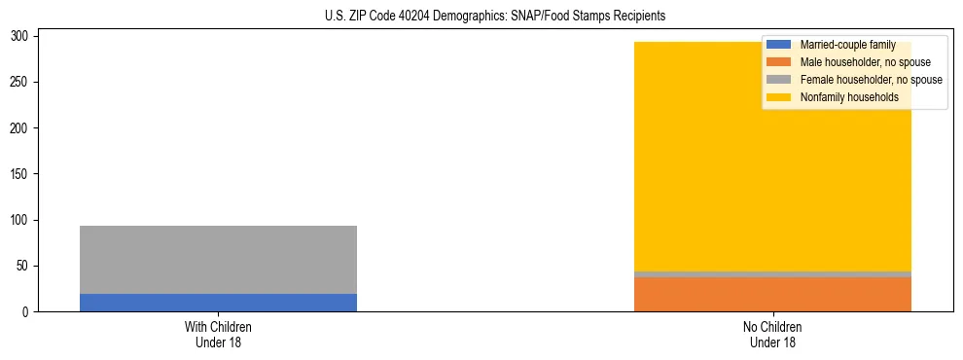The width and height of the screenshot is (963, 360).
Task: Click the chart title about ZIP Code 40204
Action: [495, 17]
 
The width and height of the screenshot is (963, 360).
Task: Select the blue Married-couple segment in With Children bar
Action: [218, 303]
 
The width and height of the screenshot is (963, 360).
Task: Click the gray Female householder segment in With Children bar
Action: [218, 260]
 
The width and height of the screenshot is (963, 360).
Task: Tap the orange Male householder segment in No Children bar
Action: [772, 295]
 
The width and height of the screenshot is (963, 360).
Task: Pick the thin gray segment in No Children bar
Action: [772, 274]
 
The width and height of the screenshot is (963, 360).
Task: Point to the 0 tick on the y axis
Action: [26, 312]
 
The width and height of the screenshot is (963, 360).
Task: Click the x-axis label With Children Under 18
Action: [218, 334]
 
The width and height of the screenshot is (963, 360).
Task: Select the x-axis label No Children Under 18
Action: [772, 334]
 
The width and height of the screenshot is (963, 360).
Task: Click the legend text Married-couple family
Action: [847, 45]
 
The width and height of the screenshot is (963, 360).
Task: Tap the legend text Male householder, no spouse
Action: [865, 62]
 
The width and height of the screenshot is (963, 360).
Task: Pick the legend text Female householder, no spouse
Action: [871, 80]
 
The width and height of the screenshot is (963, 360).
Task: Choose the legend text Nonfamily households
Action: [849, 97]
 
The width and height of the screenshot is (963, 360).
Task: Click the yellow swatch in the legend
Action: [779, 97]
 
